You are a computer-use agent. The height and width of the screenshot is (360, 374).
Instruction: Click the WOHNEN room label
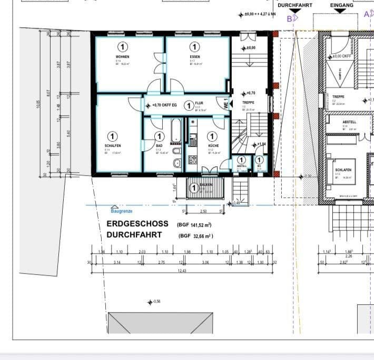point(122,56)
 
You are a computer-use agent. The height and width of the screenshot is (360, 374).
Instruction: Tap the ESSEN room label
point(194,56)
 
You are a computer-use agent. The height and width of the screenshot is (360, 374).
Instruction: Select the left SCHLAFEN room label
point(113,146)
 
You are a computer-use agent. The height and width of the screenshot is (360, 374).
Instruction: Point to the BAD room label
point(159,145)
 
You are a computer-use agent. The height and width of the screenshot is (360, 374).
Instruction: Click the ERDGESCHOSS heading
point(137,224)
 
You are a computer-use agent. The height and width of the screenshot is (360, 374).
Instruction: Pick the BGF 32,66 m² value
point(196,236)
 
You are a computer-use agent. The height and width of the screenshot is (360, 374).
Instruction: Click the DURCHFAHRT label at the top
point(295,5)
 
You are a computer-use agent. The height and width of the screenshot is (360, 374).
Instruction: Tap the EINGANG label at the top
point(341,5)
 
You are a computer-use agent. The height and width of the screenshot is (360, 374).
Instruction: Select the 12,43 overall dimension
point(182,271)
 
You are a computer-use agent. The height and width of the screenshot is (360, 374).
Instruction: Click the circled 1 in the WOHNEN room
point(122,47)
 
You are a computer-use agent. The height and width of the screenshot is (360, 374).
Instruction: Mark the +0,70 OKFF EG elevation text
point(167,105)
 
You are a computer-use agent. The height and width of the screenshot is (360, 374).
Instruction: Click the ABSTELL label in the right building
point(349,122)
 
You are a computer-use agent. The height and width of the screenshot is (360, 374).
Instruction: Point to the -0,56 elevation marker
point(157,302)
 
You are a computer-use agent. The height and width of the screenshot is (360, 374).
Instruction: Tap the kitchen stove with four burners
point(192,159)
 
